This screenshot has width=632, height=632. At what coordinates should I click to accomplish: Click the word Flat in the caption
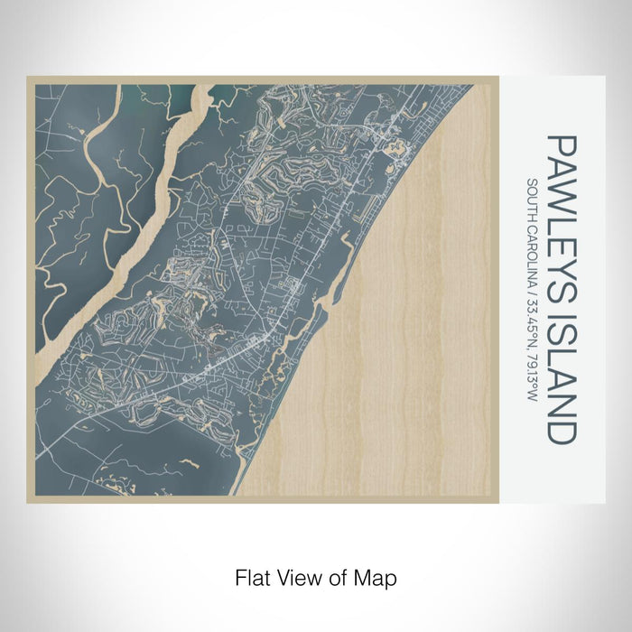click(251, 576)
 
